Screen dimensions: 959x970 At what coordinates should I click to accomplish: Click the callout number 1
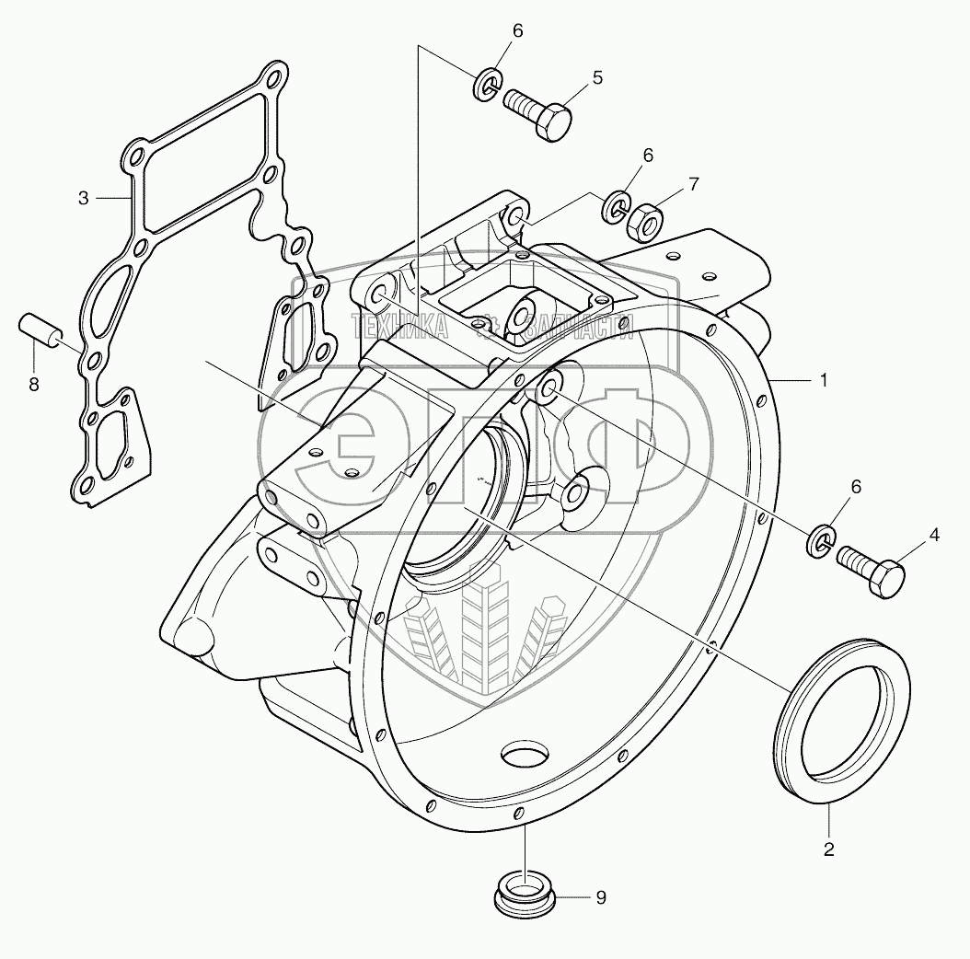pyautogui.click(x=825, y=379)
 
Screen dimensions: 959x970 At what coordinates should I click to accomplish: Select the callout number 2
pyautogui.click(x=828, y=849)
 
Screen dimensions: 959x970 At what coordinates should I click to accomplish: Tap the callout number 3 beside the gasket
pyautogui.click(x=83, y=198)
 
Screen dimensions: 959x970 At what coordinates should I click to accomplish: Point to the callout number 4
pyautogui.click(x=933, y=534)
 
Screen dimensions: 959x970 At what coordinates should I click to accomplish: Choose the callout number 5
pyautogui.click(x=597, y=77)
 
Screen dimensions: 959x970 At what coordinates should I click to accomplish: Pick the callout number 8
pyautogui.click(x=34, y=385)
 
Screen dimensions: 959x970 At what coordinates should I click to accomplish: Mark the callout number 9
pyautogui.click(x=600, y=898)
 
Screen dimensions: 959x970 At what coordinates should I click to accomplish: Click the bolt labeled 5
pyautogui.click(x=539, y=112)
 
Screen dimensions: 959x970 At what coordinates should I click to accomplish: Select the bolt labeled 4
pyautogui.click(x=872, y=571)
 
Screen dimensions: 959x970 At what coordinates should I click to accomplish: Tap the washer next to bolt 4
pyautogui.click(x=823, y=541)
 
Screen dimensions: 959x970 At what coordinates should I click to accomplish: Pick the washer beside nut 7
pyautogui.click(x=616, y=206)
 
